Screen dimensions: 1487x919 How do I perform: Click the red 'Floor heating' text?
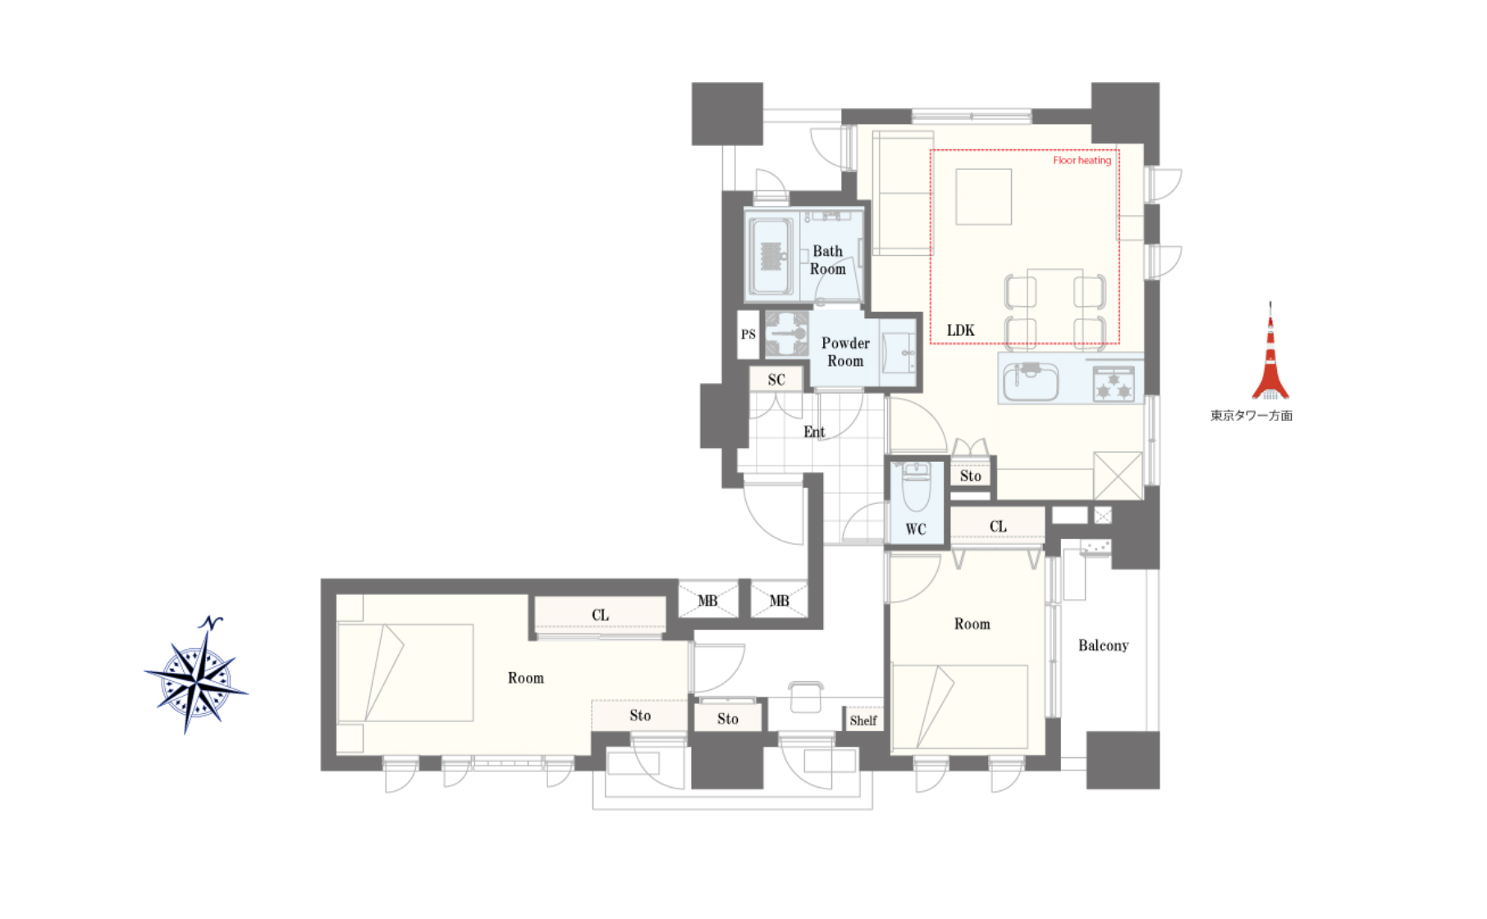(x=1082, y=160)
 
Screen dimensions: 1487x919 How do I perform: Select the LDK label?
(x=961, y=330)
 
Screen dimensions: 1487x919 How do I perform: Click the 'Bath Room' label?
(x=828, y=260)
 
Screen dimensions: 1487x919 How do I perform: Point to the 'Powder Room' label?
(x=845, y=352)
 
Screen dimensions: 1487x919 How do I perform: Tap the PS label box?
(x=748, y=335)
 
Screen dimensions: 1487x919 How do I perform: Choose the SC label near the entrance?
(x=776, y=380)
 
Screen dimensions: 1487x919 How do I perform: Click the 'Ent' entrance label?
(x=814, y=432)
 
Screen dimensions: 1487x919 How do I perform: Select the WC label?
(x=916, y=529)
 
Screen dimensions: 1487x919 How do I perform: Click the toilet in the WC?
(x=916, y=487)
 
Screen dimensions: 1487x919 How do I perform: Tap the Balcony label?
(x=1104, y=646)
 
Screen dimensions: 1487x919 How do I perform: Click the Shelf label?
(x=863, y=720)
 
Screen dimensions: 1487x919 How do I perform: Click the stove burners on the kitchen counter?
(x=1114, y=384)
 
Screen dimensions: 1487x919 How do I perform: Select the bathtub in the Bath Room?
(x=771, y=257)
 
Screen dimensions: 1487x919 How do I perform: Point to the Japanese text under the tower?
(x=1251, y=416)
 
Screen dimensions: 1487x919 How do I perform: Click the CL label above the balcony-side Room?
(x=998, y=527)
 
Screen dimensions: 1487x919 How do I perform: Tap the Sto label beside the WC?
(x=971, y=476)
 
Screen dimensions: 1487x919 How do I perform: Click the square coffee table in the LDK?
(x=984, y=197)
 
